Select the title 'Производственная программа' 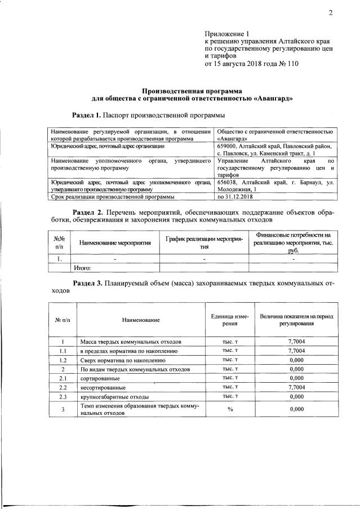click(x=192, y=90)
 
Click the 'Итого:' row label click(x=82, y=268)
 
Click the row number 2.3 click(x=63, y=397)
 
